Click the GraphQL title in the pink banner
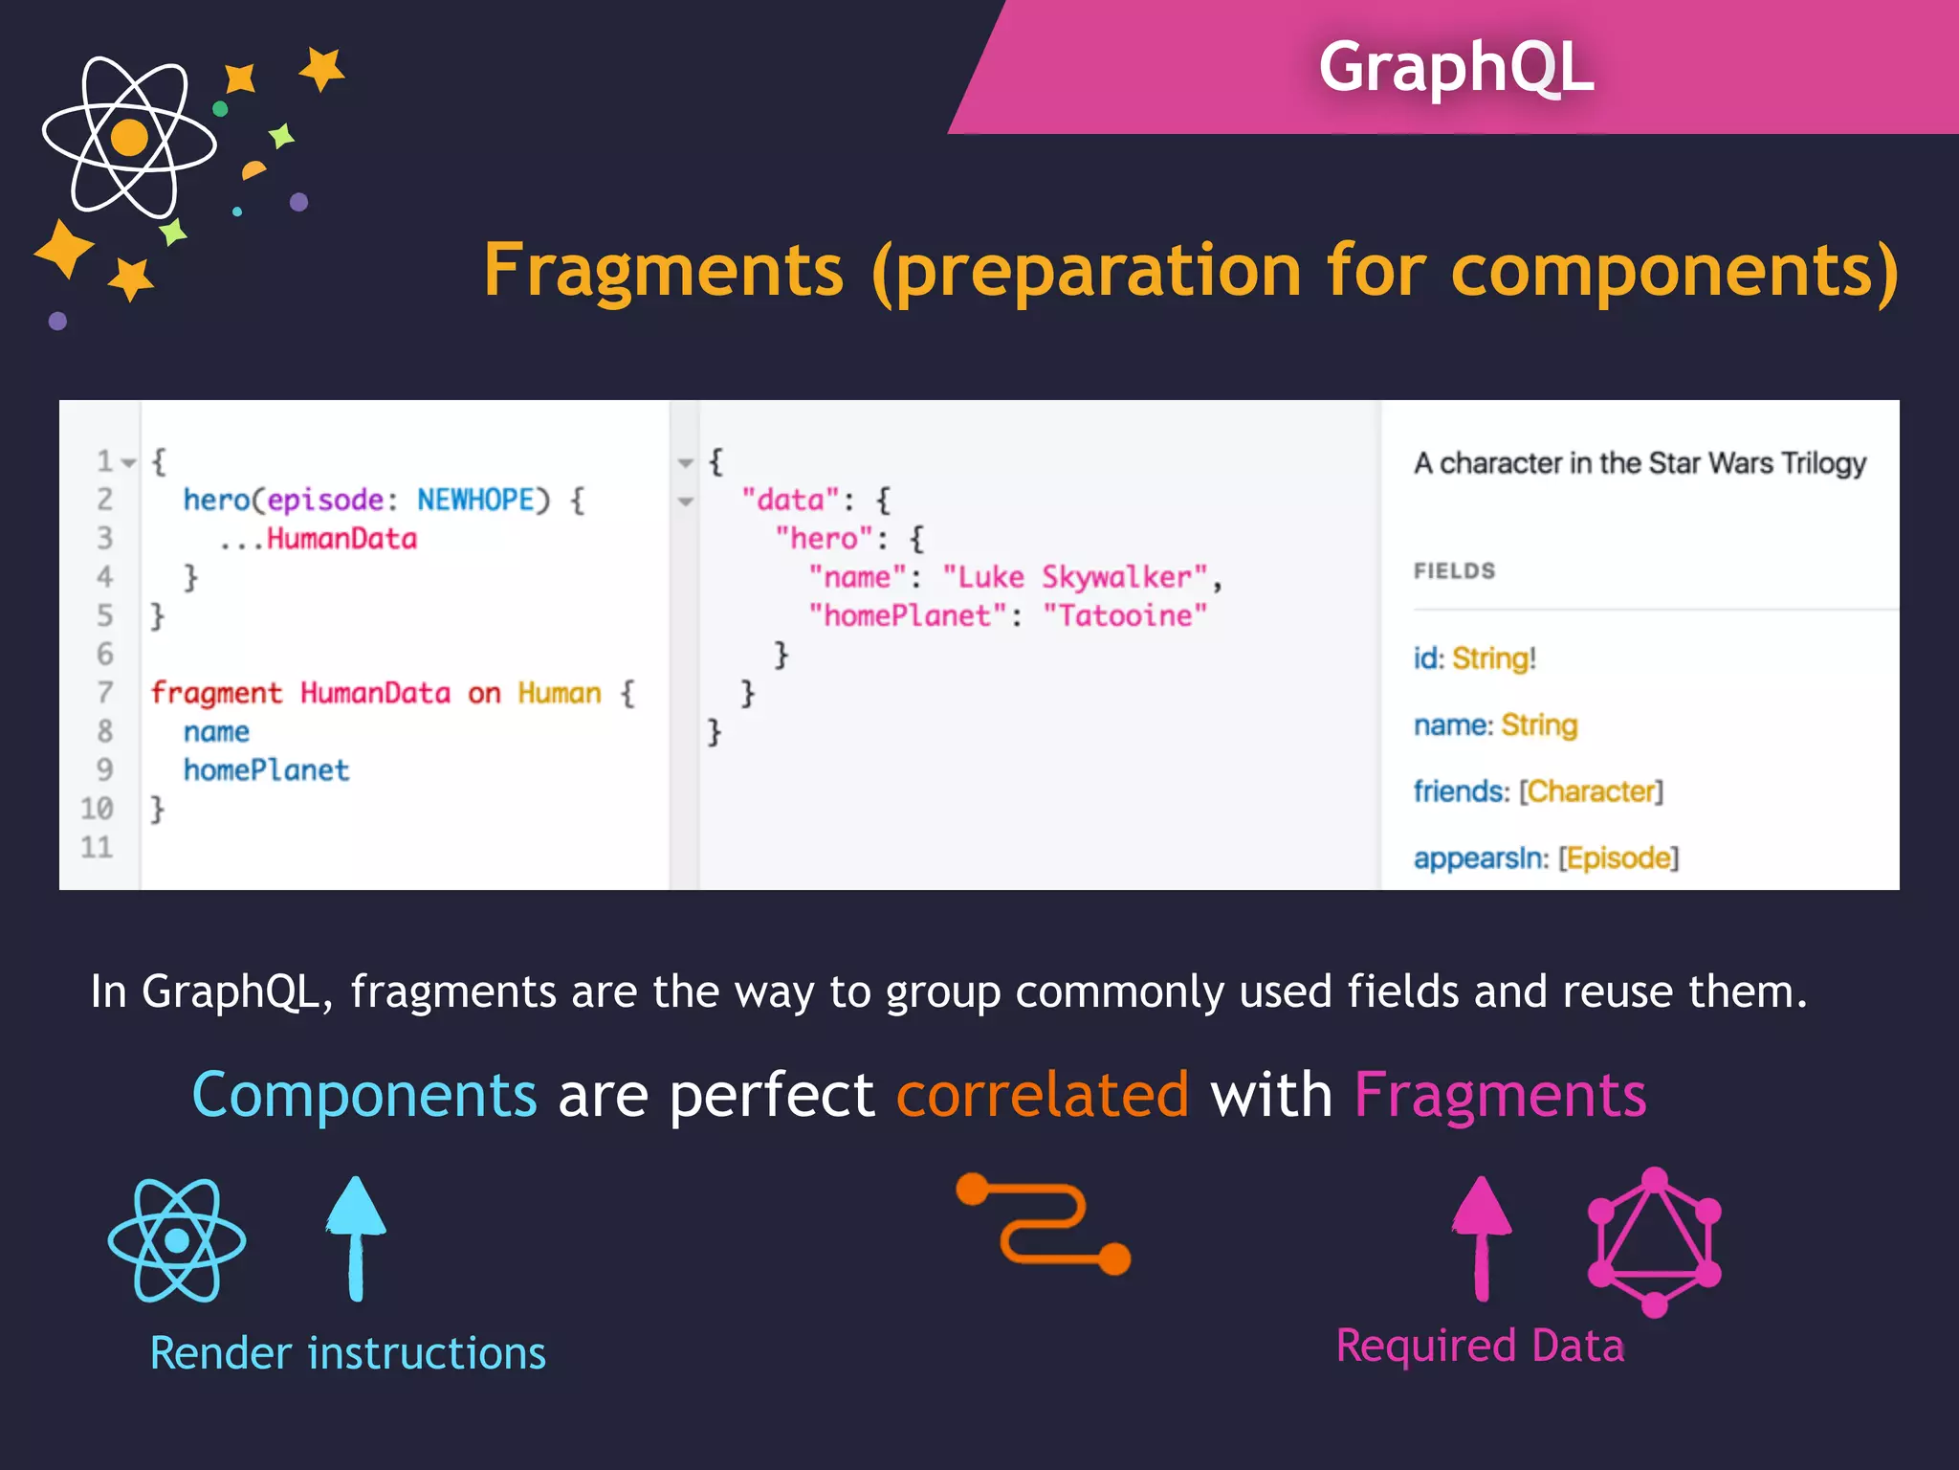click(1455, 67)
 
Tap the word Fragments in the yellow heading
click(663, 271)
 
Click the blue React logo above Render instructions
click(177, 1240)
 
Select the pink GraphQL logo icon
click(1654, 1242)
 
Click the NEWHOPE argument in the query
click(475, 500)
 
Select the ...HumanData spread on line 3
click(319, 539)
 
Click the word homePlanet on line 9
click(266, 770)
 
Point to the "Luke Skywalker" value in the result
click(1075, 577)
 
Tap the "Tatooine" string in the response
click(1125, 615)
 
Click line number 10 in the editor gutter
click(97, 809)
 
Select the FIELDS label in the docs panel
click(1454, 571)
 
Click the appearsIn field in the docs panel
click(1480, 858)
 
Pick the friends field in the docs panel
click(1461, 791)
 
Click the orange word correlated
click(1042, 1095)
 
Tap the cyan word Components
click(364, 1095)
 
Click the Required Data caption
click(1480, 1346)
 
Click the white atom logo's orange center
click(129, 138)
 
